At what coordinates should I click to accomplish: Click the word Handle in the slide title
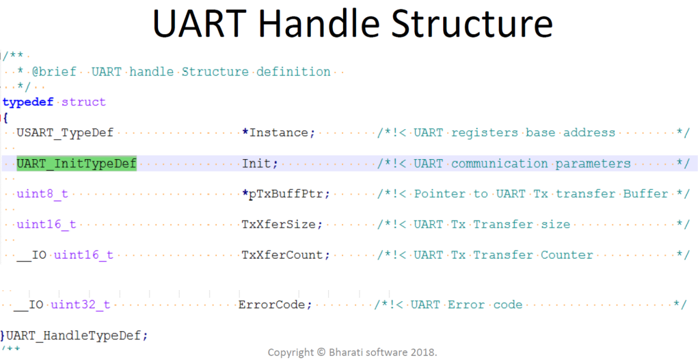[322, 25]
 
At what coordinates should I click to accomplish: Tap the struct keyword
[83, 102]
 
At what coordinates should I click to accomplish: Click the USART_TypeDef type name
[65, 133]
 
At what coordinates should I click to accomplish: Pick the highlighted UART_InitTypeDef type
[77, 163]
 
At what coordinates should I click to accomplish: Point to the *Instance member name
[279, 133]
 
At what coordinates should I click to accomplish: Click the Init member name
[260, 163]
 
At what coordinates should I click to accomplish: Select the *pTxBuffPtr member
[286, 193]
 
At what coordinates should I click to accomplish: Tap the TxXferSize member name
[282, 224]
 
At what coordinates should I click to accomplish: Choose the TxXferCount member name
[286, 255]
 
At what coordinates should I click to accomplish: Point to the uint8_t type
[42, 193]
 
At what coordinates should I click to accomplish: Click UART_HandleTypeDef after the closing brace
[77, 335]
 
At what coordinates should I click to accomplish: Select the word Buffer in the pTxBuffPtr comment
[645, 193]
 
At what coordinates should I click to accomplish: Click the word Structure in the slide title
[476, 25]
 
